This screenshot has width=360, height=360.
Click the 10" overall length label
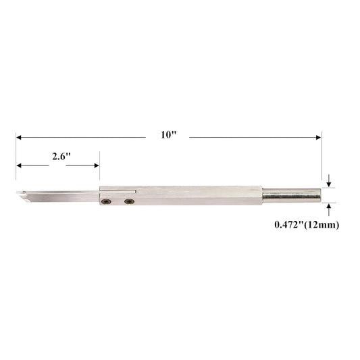(x=169, y=134)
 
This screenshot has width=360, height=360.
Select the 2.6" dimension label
(x=61, y=157)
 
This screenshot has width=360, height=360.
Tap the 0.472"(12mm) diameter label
(x=307, y=225)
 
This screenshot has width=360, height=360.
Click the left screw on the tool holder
(x=107, y=201)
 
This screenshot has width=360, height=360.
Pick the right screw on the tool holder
(x=129, y=201)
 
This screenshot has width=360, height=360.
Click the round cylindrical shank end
(x=292, y=195)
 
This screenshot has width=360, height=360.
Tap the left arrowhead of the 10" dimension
(x=19, y=138)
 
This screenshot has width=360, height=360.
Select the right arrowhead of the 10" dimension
(x=318, y=138)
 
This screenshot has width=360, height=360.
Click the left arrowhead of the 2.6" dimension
(x=19, y=165)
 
